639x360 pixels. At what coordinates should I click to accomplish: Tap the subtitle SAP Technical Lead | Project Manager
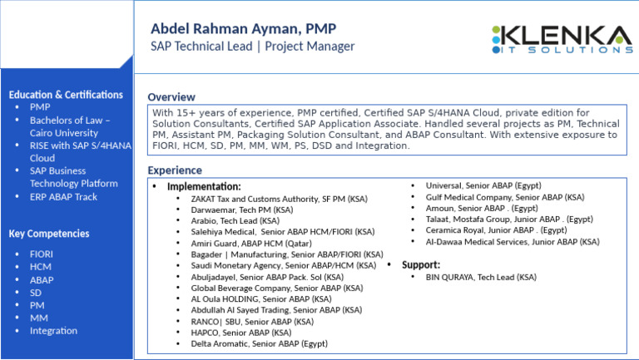(x=252, y=47)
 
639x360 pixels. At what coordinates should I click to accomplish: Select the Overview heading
(x=171, y=97)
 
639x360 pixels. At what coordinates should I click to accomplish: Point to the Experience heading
(x=175, y=170)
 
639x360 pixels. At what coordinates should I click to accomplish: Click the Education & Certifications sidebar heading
(x=66, y=95)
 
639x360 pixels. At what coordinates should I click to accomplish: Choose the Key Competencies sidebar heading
(x=50, y=234)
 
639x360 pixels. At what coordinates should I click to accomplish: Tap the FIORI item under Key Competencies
(x=42, y=254)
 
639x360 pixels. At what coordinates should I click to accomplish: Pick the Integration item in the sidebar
(x=53, y=331)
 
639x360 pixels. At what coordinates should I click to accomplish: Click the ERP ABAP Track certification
(x=63, y=197)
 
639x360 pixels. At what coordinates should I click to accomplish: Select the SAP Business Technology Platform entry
(x=73, y=177)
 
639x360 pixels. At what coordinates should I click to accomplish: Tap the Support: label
(x=421, y=265)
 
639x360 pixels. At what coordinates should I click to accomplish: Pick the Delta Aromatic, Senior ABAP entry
(x=259, y=343)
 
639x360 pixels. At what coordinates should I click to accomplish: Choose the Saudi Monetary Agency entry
(x=283, y=265)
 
